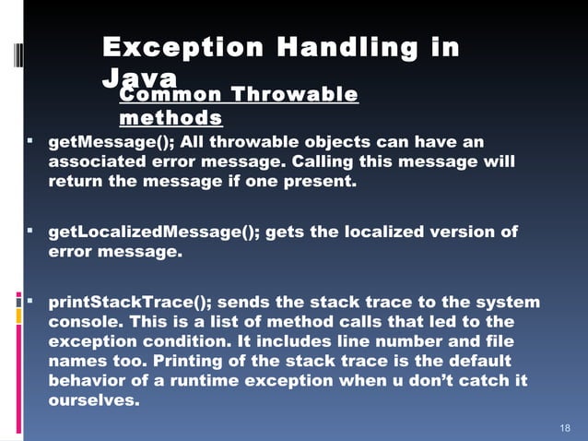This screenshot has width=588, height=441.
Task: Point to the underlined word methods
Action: coord(171,118)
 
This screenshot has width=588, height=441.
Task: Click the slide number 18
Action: coord(566,429)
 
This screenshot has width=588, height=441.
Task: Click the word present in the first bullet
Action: coord(321,182)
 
